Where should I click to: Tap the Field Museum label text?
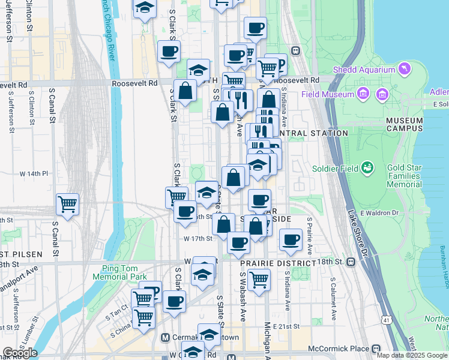click(327, 94)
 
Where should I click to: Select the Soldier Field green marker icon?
click(367, 169)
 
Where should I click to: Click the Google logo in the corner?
click(20, 353)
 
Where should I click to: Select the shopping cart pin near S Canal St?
click(67, 204)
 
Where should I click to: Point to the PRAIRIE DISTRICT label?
click(277, 263)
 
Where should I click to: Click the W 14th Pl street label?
click(34, 173)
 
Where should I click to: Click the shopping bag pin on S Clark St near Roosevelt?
click(186, 92)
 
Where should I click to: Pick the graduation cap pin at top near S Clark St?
click(144, 8)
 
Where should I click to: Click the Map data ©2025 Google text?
click(411, 355)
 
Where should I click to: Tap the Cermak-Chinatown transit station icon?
click(165, 338)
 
